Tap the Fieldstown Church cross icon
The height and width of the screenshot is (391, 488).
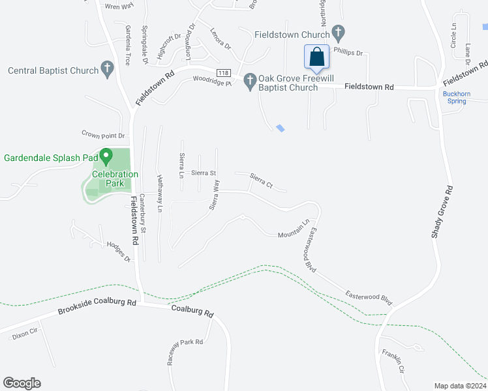click(x=338, y=32)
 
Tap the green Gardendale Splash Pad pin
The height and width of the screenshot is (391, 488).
click(x=108, y=157)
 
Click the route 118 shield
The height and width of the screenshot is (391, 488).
click(x=224, y=72)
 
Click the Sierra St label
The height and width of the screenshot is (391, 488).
click(x=204, y=173)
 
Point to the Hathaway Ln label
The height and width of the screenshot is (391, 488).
click(x=159, y=194)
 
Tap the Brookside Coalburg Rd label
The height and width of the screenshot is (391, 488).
click(x=97, y=306)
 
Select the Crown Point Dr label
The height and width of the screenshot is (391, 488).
click(x=103, y=135)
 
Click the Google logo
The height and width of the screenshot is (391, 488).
click(x=22, y=383)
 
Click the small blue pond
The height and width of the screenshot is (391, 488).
click(x=281, y=128)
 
